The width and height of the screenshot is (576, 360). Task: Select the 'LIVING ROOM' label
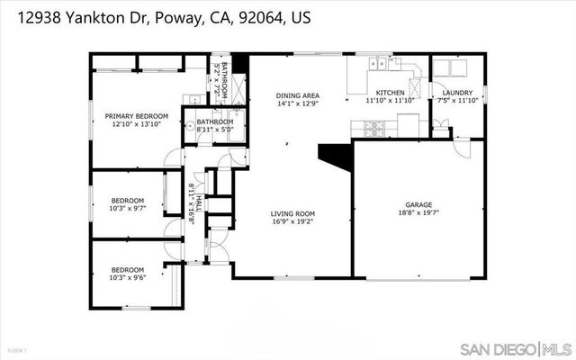pyautogui.click(x=292, y=213)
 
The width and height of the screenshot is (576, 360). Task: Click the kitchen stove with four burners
pyautogui.click(x=373, y=129)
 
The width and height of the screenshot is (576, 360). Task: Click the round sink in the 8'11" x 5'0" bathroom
pyautogui.click(x=190, y=126)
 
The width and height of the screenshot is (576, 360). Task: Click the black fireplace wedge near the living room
pyautogui.click(x=336, y=157)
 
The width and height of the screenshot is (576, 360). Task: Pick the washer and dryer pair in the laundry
pyautogui.click(x=457, y=68)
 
